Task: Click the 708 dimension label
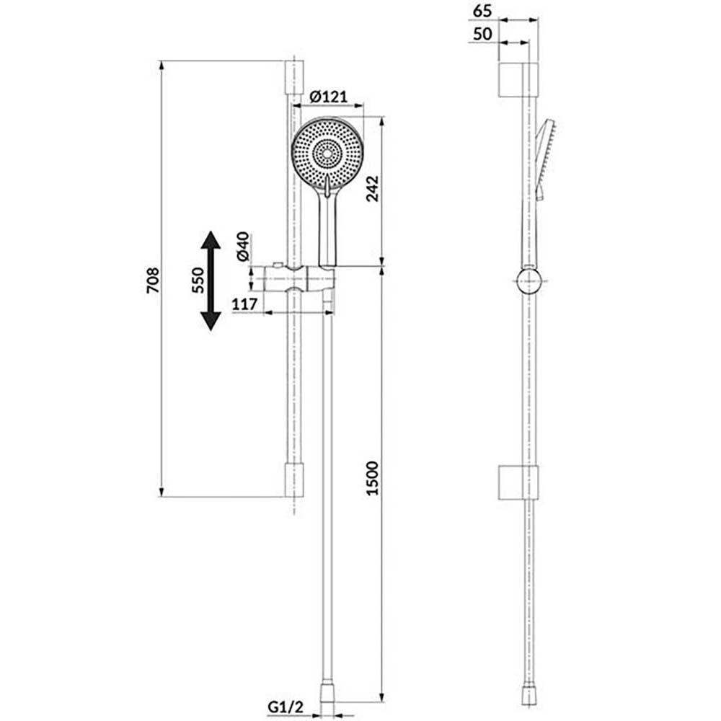tap(153, 280)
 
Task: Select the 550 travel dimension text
tap(198, 280)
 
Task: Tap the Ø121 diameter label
tap(328, 97)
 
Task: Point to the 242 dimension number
tap(371, 188)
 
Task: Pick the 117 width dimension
tap(244, 304)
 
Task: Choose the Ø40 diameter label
tap(243, 247)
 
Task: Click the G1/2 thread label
tap(286, 707)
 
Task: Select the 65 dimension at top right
tap(482, 11)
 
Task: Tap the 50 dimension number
tap(482, 34)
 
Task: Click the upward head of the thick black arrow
tap(211, 239)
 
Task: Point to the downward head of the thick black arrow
tap(211, 321)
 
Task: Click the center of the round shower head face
tap(327, 154)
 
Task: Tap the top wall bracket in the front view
tap(294, 77)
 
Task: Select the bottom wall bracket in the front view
tap(294, 480)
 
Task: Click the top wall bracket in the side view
tap(518, 80)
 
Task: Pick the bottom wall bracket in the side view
tap(518, 483)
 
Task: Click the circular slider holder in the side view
tap(530, 281)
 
